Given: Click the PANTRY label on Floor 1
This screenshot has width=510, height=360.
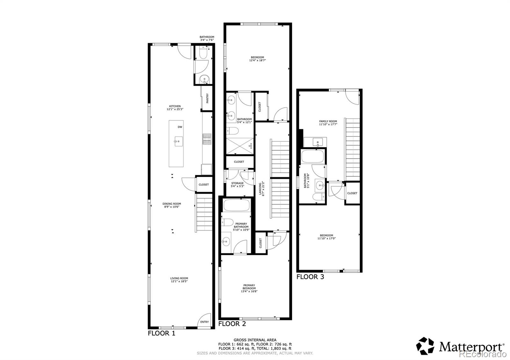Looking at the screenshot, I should point(208,98).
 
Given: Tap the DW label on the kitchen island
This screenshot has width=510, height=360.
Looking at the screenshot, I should point(180,127).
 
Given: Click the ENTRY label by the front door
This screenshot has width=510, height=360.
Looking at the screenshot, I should point(204,322).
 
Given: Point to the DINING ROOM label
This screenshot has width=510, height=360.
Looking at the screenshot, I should point(172,204).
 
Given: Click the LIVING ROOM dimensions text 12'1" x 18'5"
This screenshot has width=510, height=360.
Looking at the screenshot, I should point(179,281).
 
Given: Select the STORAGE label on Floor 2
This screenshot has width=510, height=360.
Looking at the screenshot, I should point(237,183).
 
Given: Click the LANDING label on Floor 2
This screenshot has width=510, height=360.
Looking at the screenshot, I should point(260,188).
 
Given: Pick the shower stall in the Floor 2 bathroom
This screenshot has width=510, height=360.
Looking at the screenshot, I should point(239,146).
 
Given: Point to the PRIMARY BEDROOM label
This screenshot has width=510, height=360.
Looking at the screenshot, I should point(249,287).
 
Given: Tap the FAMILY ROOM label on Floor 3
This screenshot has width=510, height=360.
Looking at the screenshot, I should point(328,121).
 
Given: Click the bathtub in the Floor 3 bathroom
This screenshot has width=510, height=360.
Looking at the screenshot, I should point(313,156).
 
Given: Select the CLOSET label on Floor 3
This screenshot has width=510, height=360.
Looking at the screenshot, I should point(352,193).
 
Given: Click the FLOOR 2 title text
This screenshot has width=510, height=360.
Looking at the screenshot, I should point(232,324).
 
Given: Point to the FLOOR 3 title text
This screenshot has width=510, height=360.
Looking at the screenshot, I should point(310,277).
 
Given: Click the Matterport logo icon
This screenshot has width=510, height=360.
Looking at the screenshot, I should point(425,346).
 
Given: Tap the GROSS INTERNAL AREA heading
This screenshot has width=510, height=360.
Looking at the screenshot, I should point(255,340).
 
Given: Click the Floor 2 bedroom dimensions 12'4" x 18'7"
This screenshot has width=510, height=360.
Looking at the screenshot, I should point(257,60).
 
